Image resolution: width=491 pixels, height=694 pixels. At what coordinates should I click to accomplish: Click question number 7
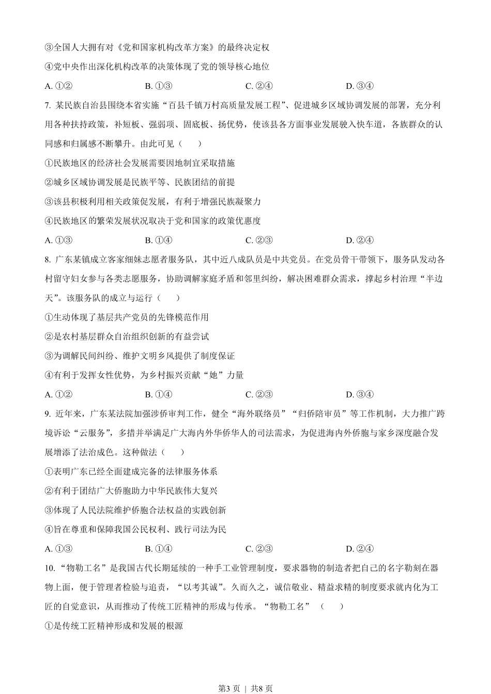48,106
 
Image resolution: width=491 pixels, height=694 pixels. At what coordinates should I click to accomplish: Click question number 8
48,260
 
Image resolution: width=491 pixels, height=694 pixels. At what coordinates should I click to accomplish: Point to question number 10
50,569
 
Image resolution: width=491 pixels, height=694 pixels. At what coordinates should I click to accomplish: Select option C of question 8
259,395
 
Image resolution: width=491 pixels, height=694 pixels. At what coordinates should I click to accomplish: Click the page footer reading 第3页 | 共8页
245,688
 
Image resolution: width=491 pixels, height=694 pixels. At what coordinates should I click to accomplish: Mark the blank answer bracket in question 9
173,452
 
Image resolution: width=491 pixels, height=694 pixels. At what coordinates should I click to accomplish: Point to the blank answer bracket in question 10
331,607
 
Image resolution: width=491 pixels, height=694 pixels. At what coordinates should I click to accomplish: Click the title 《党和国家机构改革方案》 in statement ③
166,48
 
